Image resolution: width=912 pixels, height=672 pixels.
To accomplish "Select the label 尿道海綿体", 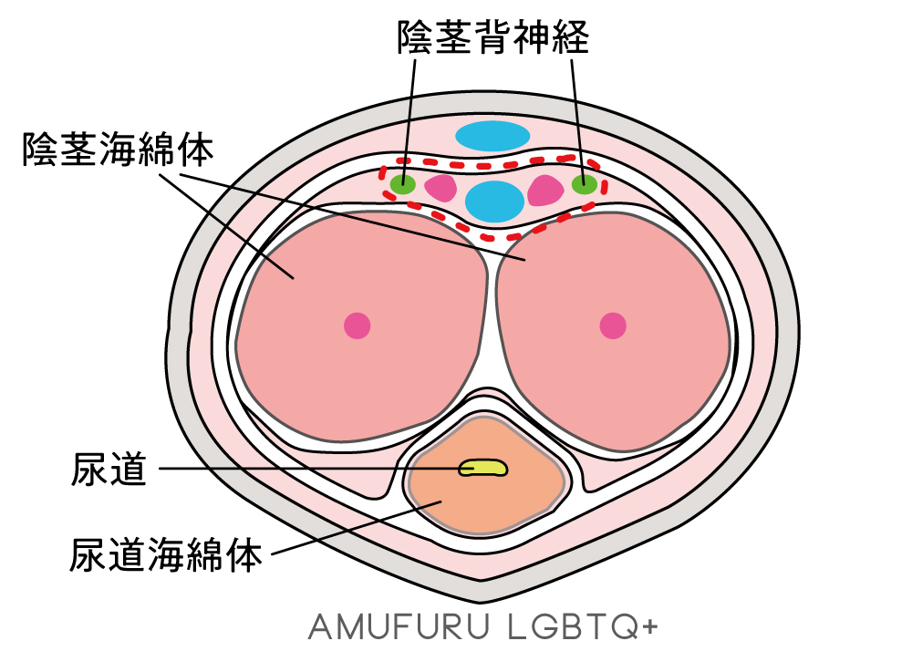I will coord(166,553).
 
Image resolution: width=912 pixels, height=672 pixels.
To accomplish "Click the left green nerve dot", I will coord(402,185).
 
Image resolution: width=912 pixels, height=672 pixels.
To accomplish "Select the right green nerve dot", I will coord(585,184).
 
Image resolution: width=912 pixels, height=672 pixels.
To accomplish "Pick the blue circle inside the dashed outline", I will coord(494,201).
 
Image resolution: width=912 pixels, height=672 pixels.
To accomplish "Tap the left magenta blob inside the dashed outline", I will coord(441,188).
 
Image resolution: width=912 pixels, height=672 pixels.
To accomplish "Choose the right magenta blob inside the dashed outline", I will coord(545,190).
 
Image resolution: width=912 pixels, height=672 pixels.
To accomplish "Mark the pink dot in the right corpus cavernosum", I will coord(612,325).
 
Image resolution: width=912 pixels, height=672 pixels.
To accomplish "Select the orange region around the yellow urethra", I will coord(483,506).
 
